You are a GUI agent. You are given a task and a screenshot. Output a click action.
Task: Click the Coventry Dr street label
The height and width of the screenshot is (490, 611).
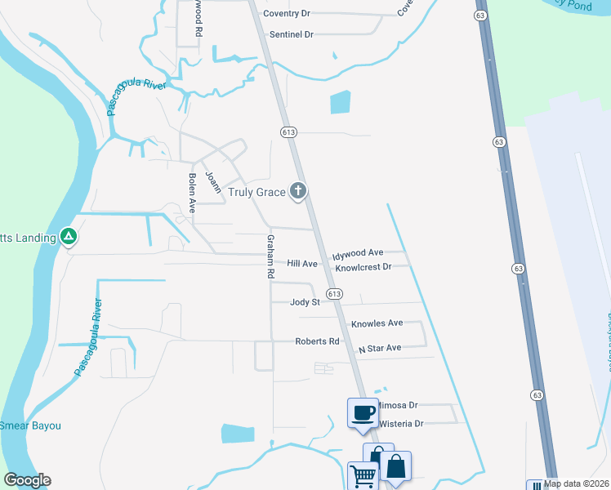[x=287, y=13]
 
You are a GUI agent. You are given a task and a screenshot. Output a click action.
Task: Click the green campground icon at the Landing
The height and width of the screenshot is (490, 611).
[x=69, y=238]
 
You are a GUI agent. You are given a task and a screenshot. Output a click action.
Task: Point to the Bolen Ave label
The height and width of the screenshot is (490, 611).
[x=193, y=194]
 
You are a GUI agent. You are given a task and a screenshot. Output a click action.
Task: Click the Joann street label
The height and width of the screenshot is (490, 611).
[x=213, y=181]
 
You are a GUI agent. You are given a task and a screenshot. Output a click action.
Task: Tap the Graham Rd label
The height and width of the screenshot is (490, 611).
[x=269, y=257]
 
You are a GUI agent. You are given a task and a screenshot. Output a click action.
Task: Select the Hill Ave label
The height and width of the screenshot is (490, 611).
[x=302, y=264]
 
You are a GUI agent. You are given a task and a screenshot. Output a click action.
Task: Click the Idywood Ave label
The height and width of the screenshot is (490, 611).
[x=358, y=254]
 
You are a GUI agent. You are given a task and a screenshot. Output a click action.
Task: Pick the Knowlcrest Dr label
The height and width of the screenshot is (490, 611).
[x=363, y=267]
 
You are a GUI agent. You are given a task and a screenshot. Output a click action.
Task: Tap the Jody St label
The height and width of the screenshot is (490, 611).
[x=305, y=302]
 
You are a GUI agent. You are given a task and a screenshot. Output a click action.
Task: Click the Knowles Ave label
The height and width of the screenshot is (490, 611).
[x=377, y=323]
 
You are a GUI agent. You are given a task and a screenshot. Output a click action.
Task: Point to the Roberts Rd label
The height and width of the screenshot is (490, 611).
[x=317, y=341]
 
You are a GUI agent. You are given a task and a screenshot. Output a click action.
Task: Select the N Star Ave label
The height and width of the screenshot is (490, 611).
[x=380, y=348]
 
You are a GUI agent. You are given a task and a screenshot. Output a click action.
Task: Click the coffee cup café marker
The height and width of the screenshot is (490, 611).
[x=363, y=411]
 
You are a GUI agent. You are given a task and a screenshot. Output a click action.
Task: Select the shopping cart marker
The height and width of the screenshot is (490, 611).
[x=362, y=475]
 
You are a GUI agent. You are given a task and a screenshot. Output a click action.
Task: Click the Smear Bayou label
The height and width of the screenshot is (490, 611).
[x=30, y=425]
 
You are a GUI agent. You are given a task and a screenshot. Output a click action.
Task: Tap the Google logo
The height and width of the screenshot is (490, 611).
[x=28, y=480]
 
